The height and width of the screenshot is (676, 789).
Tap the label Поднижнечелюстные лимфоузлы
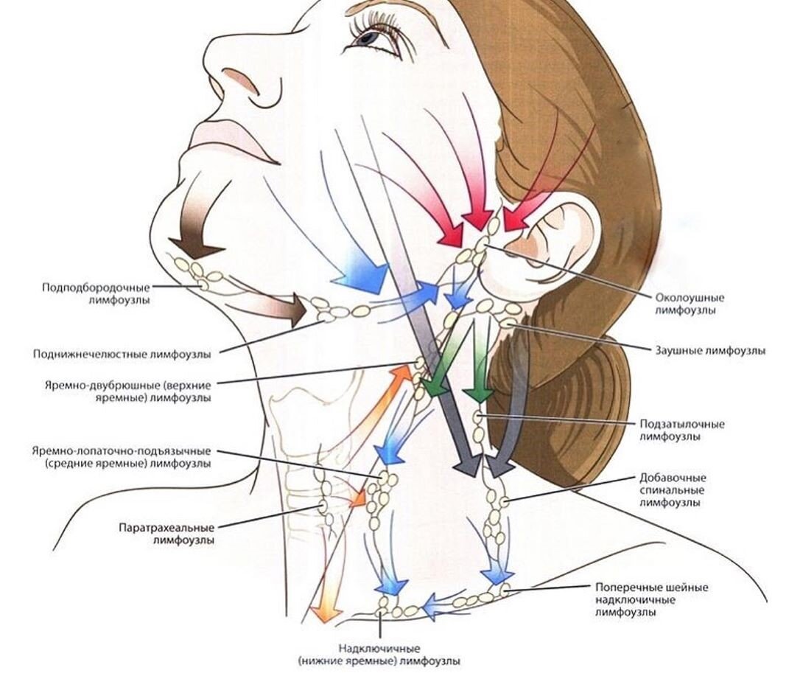(x=122, y=354)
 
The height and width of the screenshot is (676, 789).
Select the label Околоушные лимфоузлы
(x=690, y=304)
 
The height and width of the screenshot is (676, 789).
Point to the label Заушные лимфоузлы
(x=709, y=350)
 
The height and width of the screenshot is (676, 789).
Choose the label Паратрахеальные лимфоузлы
(x=166, y=534)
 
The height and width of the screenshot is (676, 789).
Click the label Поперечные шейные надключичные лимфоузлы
(x=651, y=599)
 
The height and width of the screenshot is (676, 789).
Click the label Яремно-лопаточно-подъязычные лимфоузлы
(x=122, y=457)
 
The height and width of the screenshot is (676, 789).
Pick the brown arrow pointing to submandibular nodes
(x=284, y=309)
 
